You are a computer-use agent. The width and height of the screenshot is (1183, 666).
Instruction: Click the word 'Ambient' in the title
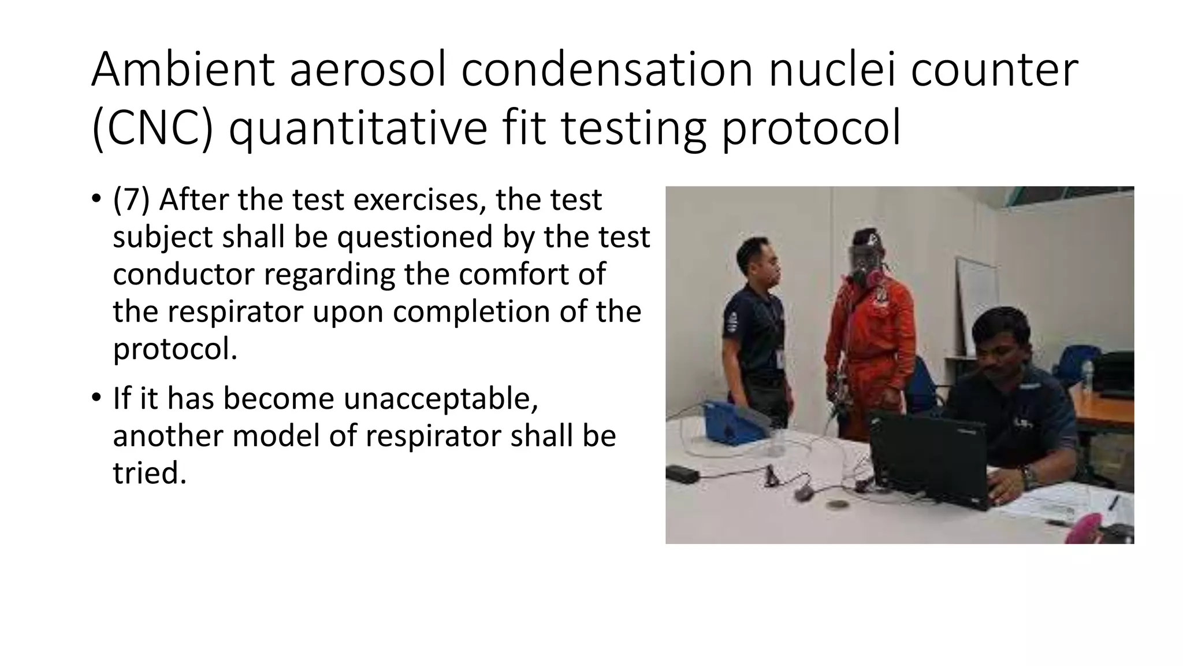point(183,69)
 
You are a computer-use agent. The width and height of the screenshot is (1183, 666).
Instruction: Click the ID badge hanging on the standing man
point(780,358)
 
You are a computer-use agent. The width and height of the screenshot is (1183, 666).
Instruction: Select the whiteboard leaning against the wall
point(976,306)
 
